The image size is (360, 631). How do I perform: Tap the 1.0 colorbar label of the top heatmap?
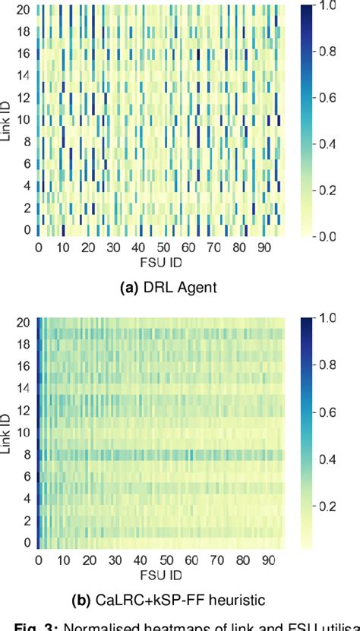coord(328,6)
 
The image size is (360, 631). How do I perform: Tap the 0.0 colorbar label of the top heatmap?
coord(328,237)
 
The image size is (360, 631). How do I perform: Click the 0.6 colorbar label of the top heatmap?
coord(328,98)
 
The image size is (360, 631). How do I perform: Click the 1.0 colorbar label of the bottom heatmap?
coord(328,320)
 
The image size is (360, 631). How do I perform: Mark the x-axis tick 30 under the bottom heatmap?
coord(114,562)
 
